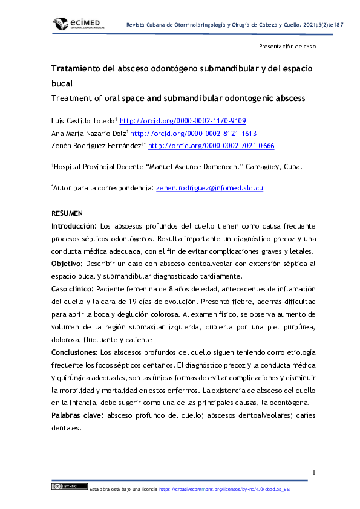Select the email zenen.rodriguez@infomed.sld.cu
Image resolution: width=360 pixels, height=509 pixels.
click(x=209, y=188)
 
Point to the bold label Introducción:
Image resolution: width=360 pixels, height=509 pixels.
click(x=74, y=226)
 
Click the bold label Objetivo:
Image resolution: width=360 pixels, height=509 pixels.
click(x=68, y=264)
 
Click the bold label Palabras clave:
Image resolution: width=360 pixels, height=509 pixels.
click(x=77, y=415)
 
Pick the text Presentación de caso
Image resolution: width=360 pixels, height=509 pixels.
click(x=287, y=46)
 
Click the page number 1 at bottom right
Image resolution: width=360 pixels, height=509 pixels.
click(x=314, y=472)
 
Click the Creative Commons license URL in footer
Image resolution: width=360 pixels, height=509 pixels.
click(x=224, y=489)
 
